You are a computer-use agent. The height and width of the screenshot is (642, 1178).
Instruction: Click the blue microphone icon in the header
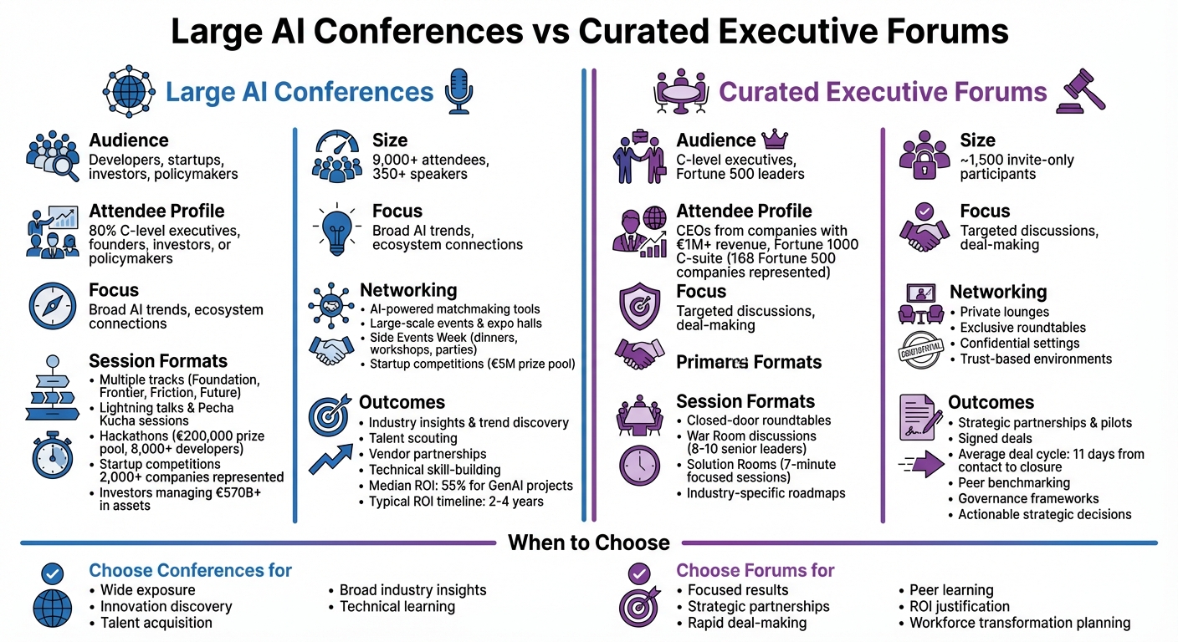(x=458, y=90)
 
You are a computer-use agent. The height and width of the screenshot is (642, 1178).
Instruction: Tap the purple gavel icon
(x=1083, y=90)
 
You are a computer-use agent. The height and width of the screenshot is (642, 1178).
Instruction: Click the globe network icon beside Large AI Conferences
(x=129, y=90)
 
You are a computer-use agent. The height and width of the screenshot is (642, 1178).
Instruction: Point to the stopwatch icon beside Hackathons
(x=53, y=456)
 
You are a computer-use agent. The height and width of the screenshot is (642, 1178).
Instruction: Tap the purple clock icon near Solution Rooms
(x=639, y=466)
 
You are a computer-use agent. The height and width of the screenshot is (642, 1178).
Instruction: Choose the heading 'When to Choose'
(x=589, y=543)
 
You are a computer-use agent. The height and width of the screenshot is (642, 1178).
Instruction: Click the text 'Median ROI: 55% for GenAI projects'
(x=470, y=486)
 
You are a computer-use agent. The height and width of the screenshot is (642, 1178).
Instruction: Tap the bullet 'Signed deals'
(x=995, y=438)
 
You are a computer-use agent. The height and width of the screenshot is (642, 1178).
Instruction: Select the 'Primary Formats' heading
(x=749, y=362)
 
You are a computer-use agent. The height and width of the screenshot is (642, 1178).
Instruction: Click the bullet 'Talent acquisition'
(x=156, y=622)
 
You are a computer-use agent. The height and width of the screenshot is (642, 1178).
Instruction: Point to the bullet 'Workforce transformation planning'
(x=1020, y=622)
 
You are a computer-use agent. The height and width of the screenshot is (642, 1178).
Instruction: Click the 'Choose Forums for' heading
(x=755, y=571)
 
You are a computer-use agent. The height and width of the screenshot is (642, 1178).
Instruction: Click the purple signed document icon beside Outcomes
(x=919, y=415)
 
